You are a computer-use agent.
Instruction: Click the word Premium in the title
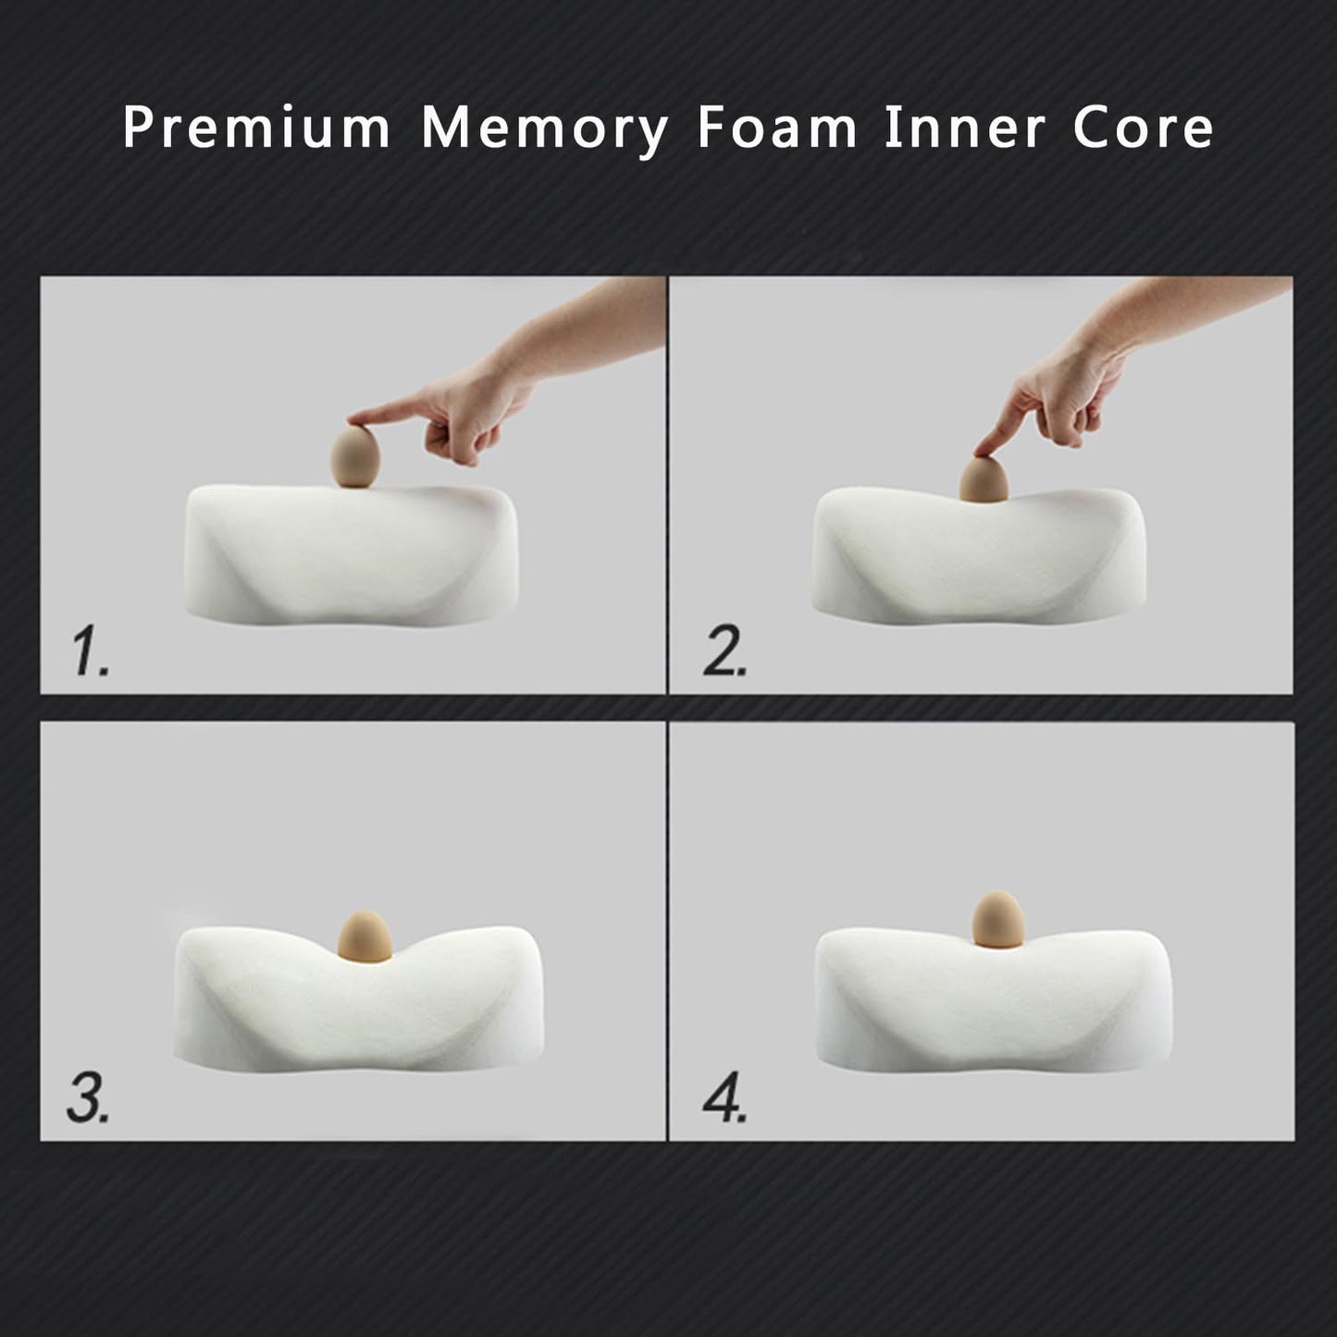[256, 128]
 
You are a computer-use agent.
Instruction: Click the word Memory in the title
[545, 131]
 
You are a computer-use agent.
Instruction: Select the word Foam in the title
[776, 128]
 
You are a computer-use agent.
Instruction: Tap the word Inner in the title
[964, 128]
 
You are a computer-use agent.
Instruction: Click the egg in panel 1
[354, 456]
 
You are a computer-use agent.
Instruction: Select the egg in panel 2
[983, 478]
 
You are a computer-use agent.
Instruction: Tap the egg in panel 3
[365, 937]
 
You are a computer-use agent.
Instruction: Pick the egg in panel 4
[997, 919]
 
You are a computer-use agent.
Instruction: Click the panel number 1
[91, 651]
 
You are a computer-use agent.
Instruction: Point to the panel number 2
[724, 651]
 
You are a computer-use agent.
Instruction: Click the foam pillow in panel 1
[351, 555]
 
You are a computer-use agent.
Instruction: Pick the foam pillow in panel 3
[358, 999]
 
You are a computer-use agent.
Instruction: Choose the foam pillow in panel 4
[994, 999]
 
